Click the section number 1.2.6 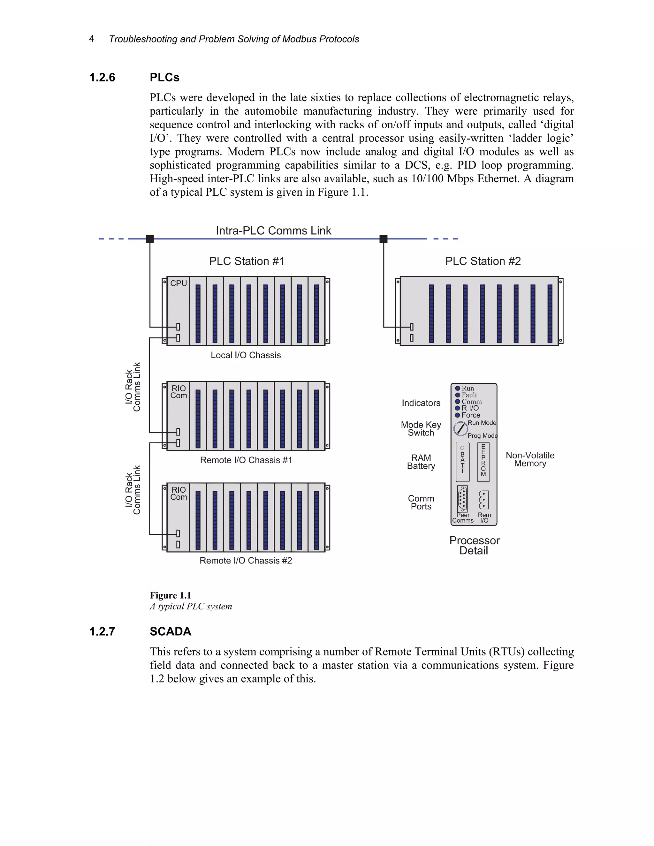[102, 78]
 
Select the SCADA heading [171, 631]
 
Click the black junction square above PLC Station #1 [150, 239]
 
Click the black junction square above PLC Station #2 [384, 239]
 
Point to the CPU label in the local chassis [179, 283]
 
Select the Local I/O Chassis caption [246, 355]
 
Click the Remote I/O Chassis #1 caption [246, 460]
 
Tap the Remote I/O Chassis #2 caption [246, 561]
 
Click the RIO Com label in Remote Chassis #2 [179, 494]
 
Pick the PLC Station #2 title [483, 261]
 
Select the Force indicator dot [458, 415]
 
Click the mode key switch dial [461, 429]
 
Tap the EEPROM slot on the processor [483, 462]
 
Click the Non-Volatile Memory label [530, 459]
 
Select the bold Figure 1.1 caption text [171, 595]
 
